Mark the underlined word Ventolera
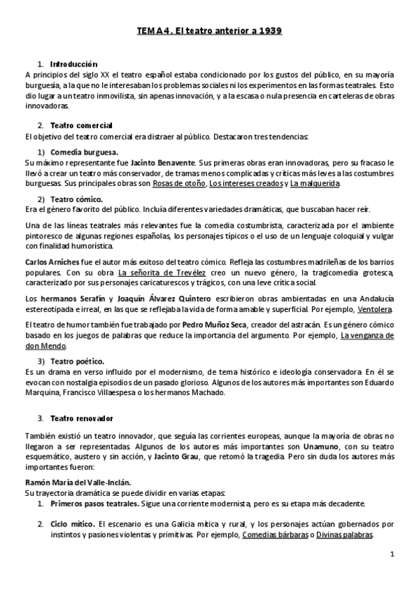(374, 309)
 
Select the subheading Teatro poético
(77, 362)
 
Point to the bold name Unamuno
(322, 446)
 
